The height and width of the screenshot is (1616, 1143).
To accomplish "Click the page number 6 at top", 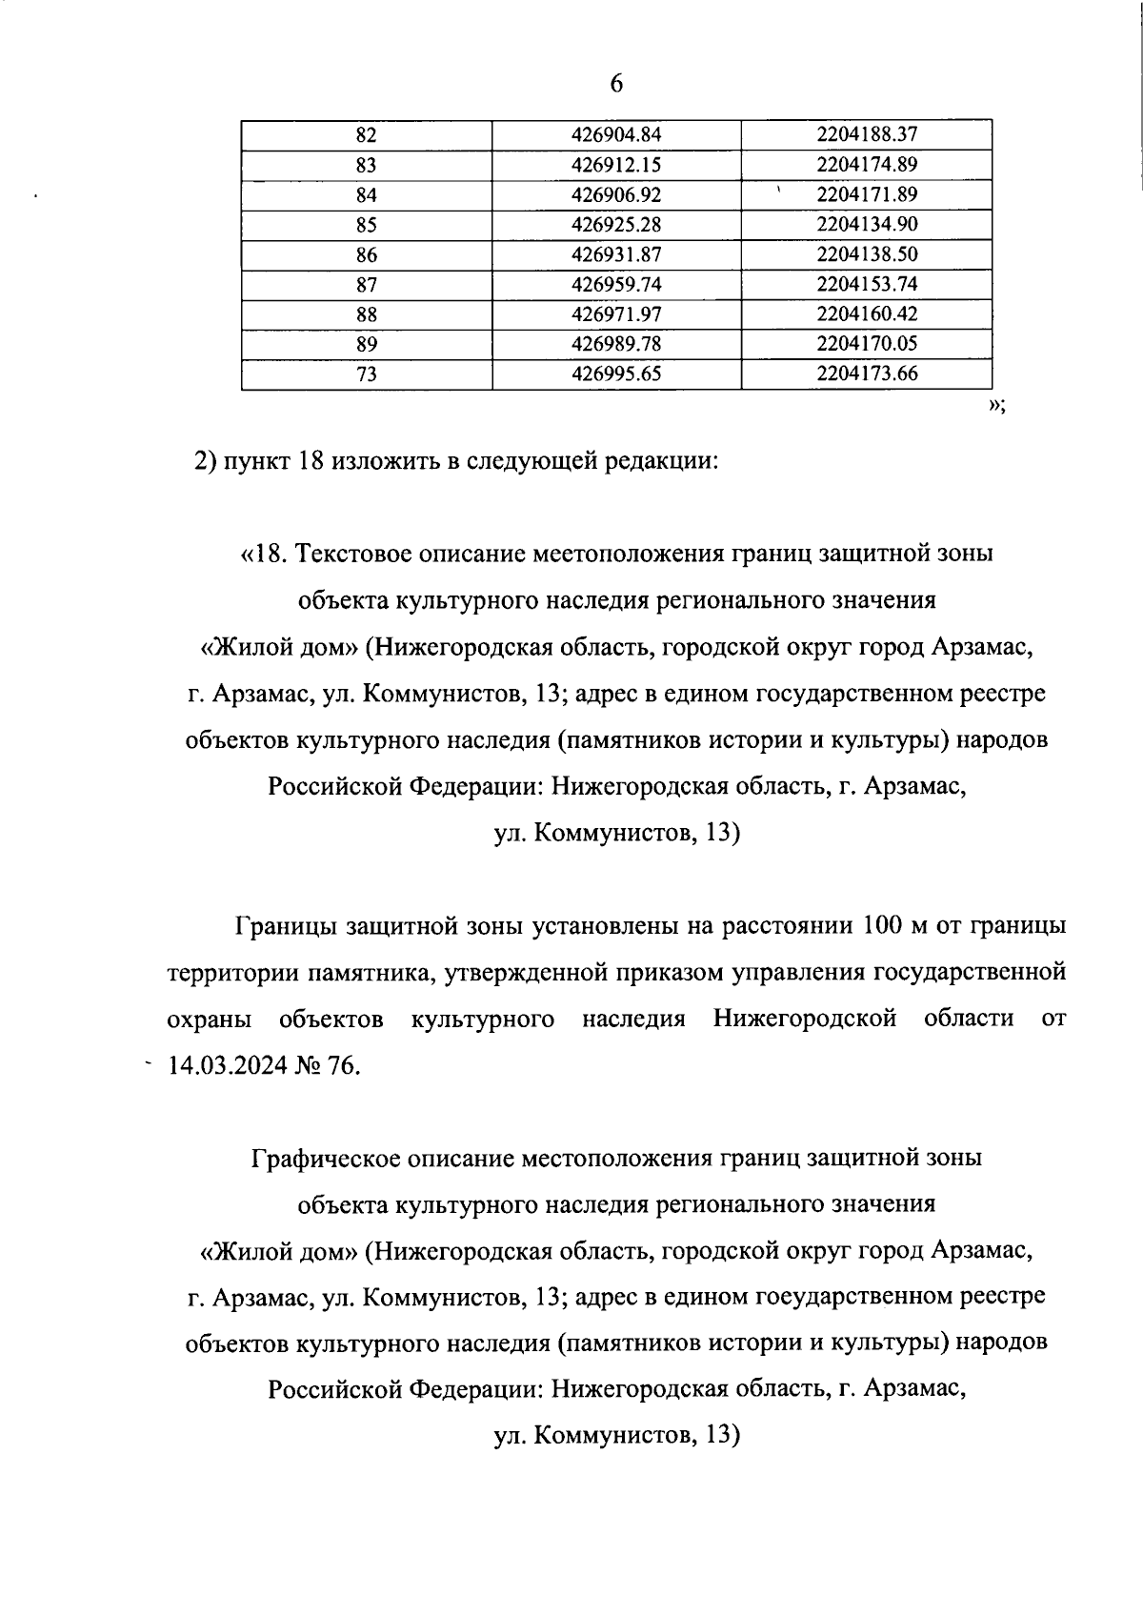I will [615, 84].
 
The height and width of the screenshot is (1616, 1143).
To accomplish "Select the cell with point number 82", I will [367, 135].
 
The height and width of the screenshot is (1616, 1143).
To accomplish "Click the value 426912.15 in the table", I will [615, 165].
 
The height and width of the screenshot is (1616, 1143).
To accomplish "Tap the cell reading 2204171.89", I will [866, 194].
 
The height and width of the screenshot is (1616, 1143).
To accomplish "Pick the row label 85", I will [367, 225].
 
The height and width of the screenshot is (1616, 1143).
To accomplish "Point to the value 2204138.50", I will [866, 254].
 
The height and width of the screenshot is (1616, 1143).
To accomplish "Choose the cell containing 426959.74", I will [615, 284].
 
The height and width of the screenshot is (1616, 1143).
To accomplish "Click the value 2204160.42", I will [866, 313].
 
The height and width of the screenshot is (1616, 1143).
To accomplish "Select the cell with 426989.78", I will [615, 343].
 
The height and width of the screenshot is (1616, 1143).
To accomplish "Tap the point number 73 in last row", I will [367, 374].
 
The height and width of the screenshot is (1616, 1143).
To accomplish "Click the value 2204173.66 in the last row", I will [866, 374].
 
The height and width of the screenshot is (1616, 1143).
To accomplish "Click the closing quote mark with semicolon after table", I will [996, 407].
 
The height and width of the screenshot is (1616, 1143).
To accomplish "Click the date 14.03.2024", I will [227, 1066].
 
